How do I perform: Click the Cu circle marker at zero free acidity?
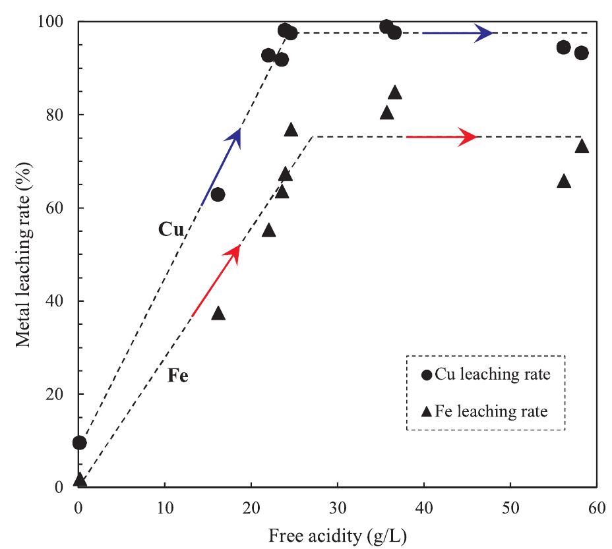click(79, 442)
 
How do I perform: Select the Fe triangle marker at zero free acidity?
click(79, 479)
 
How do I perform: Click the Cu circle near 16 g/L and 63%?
click(218, 194)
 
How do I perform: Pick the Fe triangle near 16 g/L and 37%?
click(218, 313)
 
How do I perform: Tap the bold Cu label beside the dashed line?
click(170, 229)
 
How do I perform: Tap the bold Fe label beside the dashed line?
click(177, 378)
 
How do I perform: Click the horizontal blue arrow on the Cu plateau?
click(458, 33)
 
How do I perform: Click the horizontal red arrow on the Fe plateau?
click(441, 136)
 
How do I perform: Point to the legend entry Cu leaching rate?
click(485, 375)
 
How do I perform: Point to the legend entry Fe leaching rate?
click(485, 411)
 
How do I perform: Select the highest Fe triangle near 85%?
click(395, 92)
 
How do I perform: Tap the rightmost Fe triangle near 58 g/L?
click(582, 146)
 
